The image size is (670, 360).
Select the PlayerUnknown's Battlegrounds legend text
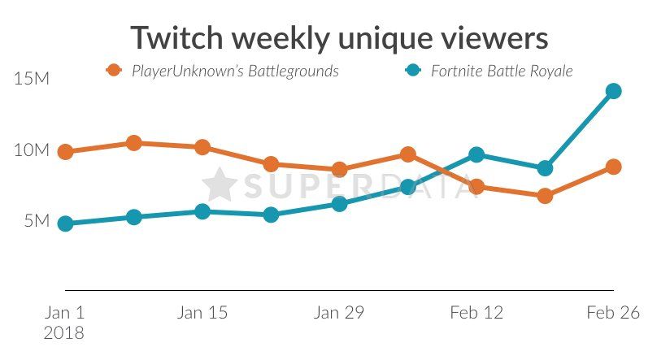pyautogui.click(x=235, y=72)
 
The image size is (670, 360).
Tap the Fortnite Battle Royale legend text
pyautogui.click(x=502, y=72)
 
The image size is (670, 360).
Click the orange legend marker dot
pyautogui.click(x=115, y=71)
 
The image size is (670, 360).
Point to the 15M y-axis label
pyautogui.click(x=32, y=80)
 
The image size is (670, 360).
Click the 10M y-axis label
pyautogui.click(x=32, y=150)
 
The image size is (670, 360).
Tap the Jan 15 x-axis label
pyautogui.click(x=202, y=313)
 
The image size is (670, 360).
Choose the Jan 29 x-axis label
pyautogui.click(x=339, y=313)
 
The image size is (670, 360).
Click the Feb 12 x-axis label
pyautogui.click(x=476, y=313)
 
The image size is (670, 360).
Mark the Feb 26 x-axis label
pyautogui.click(x=613, y=313)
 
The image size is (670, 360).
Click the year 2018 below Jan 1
pyautogui.click(x=65, y=332)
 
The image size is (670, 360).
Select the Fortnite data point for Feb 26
pyautogui.click(x=613, y=91)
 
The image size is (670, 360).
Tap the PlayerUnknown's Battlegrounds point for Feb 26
pyautogui.click(x=613, y=167)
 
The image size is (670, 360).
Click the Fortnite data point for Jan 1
pyautogui.click(x=66, y=223)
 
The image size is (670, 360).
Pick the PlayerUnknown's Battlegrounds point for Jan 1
pyautogui.click(x=66, y=152)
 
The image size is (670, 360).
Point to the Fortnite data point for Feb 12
pyautogui.click(x=476, y=154)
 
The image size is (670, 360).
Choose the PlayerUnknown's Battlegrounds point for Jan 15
pyautogui.click(x=202, y=147)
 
